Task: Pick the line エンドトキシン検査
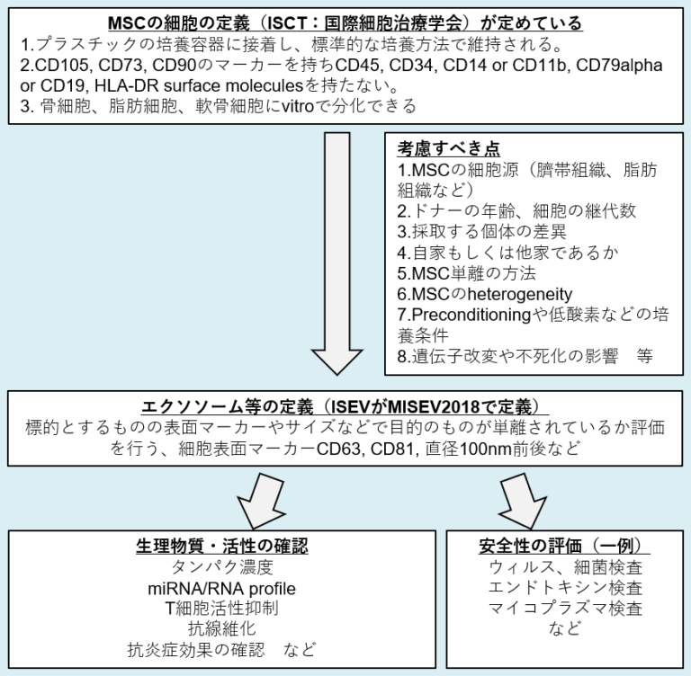tap(565, 588)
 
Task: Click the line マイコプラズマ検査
tap(565, 609)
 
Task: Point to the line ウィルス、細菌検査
tap(565, 567)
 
